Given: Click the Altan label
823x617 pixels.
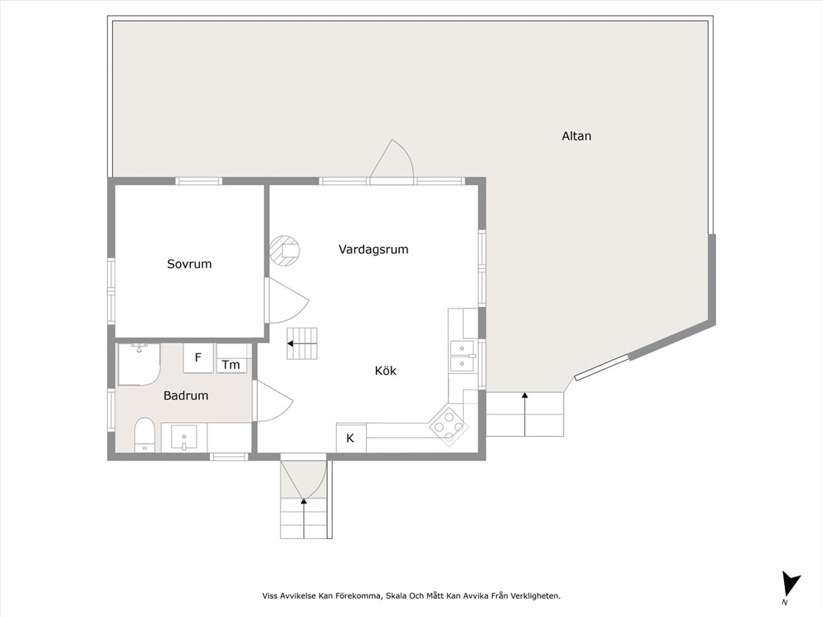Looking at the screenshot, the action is [x=577, y=136].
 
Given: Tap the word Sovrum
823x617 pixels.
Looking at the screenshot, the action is [x=189, y=264].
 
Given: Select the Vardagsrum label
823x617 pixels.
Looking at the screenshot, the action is [x=373, y=250].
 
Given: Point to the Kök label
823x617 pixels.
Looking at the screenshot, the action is [x=385, y=371].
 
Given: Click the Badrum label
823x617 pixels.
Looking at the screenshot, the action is [x=186, y=396].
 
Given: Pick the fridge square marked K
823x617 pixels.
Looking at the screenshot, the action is [x=351, y=438].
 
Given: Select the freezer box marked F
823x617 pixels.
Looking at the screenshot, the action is [x=198, y=357].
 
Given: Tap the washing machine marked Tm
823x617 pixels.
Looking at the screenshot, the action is [x=231, y=358].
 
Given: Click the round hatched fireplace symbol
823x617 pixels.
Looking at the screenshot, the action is [x=285, y=250].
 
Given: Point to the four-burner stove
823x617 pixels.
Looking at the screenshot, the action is [x=449, y=424].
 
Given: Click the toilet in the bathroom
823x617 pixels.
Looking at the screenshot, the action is [x=144, y=435].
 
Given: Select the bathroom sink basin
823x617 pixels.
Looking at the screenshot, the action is [x=184, y=438].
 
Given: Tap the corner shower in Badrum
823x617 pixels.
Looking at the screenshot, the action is [x=138, y=364].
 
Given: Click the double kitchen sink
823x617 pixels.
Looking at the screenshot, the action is [x=462, y=356].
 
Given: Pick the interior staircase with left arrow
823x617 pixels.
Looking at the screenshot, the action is [x=302, y=343].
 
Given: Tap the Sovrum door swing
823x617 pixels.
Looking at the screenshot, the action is [x=286, y=300].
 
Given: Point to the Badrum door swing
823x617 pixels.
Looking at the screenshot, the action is [x=272, y=401].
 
